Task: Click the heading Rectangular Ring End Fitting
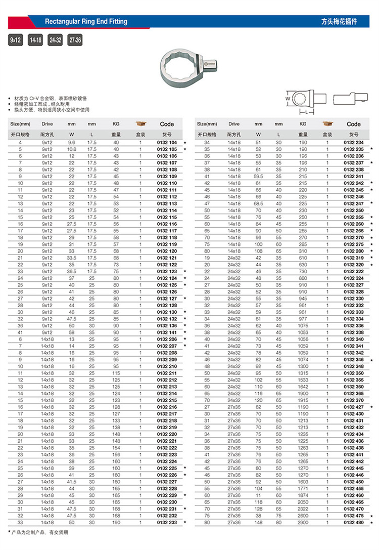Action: pos(86,22)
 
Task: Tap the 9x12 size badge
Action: pos(15,40)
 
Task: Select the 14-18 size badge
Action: pos(35,40)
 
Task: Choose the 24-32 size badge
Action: pos(55,40)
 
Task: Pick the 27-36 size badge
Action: pos(75,40)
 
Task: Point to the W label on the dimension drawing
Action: pos(288,99)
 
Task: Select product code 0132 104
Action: pos(167,143)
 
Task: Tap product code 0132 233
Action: pos(167,522)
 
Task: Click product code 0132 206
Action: pos(167,339)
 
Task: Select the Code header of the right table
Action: pos(354,124)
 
